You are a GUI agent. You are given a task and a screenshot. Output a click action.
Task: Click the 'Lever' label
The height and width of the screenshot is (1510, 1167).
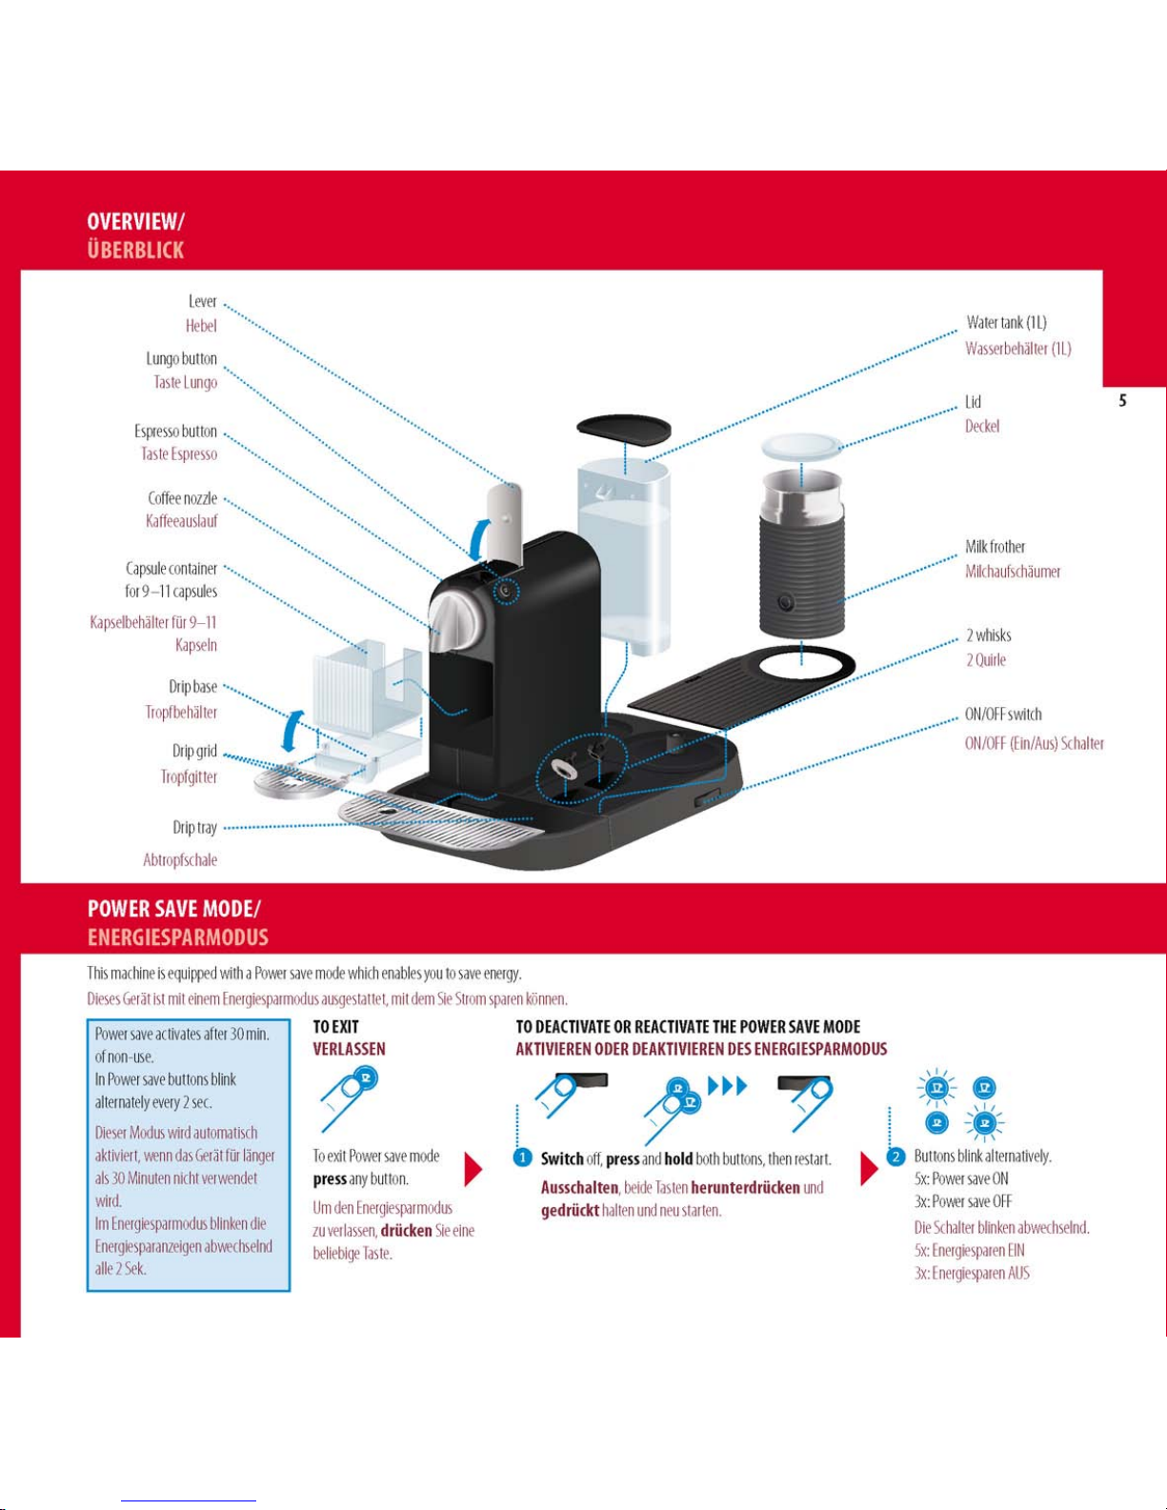click(202, 302)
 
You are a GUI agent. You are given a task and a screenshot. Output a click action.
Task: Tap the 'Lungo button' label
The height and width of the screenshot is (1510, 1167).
click(181, 359)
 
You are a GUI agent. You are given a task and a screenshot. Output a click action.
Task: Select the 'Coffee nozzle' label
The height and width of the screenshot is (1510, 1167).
click(182, 498)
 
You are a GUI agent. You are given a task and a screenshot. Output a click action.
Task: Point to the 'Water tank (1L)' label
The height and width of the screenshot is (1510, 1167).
click(1006, 323)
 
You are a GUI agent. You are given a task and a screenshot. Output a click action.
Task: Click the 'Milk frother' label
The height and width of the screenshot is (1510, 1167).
click(995, 547)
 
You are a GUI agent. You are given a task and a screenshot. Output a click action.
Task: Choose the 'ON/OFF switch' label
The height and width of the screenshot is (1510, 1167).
click(1003, 715)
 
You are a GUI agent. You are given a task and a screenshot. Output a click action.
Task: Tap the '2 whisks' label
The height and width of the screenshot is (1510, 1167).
click(988, 635)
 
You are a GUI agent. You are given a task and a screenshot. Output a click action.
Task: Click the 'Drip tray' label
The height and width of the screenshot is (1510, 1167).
click(194, 828)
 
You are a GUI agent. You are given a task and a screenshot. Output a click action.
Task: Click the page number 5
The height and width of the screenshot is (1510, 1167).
click(1122, 401)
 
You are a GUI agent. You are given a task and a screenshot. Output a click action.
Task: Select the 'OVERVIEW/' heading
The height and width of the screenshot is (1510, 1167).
click(135, 222)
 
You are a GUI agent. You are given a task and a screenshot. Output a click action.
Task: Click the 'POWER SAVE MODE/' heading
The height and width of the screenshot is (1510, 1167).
click(173, 909)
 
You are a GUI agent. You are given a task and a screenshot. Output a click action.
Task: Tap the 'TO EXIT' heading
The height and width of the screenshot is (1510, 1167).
click(335, 1027)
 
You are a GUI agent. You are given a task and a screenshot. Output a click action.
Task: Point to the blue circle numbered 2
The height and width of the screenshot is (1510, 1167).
click(895, 1157)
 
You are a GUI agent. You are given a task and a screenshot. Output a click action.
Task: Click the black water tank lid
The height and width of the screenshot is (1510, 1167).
click(623, 428)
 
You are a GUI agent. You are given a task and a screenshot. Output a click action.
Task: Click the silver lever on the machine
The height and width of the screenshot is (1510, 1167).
click(504, 520)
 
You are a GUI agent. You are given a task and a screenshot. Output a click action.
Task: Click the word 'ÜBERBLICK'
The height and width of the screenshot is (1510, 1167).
click(135, 251)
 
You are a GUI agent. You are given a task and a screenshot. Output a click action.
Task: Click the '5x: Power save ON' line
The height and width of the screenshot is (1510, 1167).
click(960, 1179)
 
